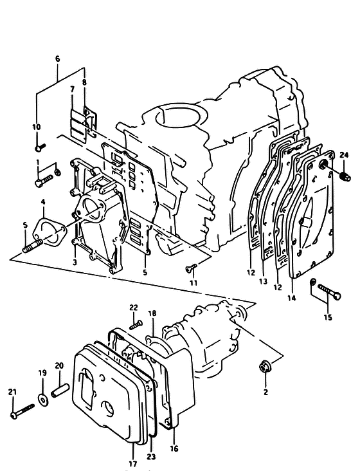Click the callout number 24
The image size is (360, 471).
[x=344, y=155]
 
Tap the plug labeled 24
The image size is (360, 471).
[x=346, y=176]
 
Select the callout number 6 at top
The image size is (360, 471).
[x=58, y=59]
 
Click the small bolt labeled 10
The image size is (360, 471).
[x=40, y=147]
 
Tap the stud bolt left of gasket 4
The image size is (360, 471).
[x=32, y=245]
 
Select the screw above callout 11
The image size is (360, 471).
[x=191, y=268]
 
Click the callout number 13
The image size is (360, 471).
[x=263, y=282]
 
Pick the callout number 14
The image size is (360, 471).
[x=292, y=298]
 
